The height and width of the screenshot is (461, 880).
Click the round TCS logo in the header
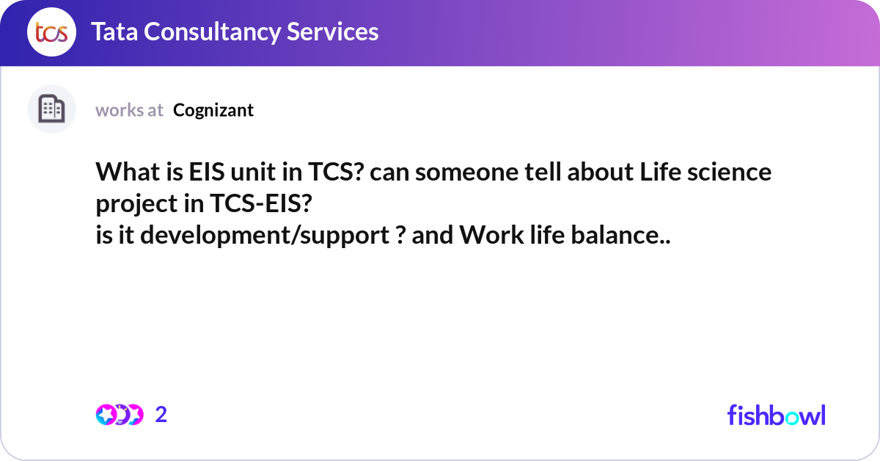tap(52, 32)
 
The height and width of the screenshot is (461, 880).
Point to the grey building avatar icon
tap(52, 109)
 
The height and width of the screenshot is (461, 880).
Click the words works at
tap(129, 110)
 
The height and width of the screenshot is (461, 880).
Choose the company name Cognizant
tap(213, 110)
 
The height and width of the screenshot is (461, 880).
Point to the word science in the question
tap(733, 173)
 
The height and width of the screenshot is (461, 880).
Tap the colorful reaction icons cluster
tap(119, 415)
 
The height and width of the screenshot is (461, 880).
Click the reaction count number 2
tap(161, 415)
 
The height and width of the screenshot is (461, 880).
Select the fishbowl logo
tap(776, 415)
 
